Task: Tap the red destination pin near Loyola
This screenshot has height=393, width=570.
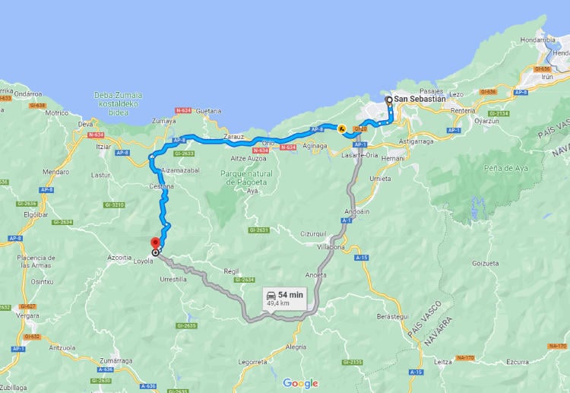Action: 155,243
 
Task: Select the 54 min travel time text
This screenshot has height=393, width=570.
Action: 290,294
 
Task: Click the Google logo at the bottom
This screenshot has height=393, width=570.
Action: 300,383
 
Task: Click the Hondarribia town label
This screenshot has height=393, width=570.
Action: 538,40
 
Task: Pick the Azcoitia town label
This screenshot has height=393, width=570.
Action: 119,258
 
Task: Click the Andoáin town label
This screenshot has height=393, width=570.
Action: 356,211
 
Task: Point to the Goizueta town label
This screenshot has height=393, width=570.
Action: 486,263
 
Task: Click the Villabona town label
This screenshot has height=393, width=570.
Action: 331,247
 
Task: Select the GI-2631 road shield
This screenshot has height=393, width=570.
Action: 258,230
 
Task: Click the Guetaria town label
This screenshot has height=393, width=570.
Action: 208,111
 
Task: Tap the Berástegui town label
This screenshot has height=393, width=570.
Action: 393,315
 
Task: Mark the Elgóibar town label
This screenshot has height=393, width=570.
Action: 36,214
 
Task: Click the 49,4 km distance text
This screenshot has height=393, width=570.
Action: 278,303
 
